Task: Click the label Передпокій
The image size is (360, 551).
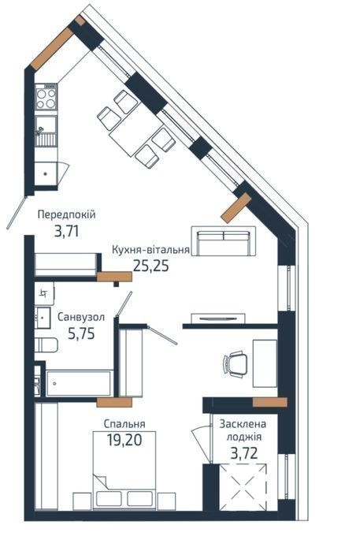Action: [x=66, y=214]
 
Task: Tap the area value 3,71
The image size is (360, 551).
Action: [x=66, y=232]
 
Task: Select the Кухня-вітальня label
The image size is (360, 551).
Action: [x=151, y=250]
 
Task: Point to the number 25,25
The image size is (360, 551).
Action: [x=151, y=266]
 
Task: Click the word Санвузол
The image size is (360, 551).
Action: [x=81, y=318]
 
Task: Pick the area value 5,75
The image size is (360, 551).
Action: [x=81, y=333]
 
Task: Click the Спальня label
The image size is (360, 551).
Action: [x=124, y=424]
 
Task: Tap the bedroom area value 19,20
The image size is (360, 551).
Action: [x=124, y=440]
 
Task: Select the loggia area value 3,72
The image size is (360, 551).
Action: [x=244, y=453]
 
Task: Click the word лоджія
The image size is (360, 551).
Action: [x=244, y=437]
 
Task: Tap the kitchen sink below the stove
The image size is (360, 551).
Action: [x=46, y=131]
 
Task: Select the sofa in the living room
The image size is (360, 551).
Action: [x=224, y=241]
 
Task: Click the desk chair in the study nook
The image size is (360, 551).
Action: [x=235, y=365]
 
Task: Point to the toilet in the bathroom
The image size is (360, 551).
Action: [x=46, y=344]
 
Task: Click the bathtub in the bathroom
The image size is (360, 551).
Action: [x=79, y=383]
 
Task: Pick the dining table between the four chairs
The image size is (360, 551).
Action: [x=136, y=129]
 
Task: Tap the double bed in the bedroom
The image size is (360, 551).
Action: [x=124, y=471]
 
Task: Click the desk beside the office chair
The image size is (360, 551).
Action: [x=265, y=363]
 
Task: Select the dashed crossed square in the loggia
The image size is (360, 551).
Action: [x=243, y=486]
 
